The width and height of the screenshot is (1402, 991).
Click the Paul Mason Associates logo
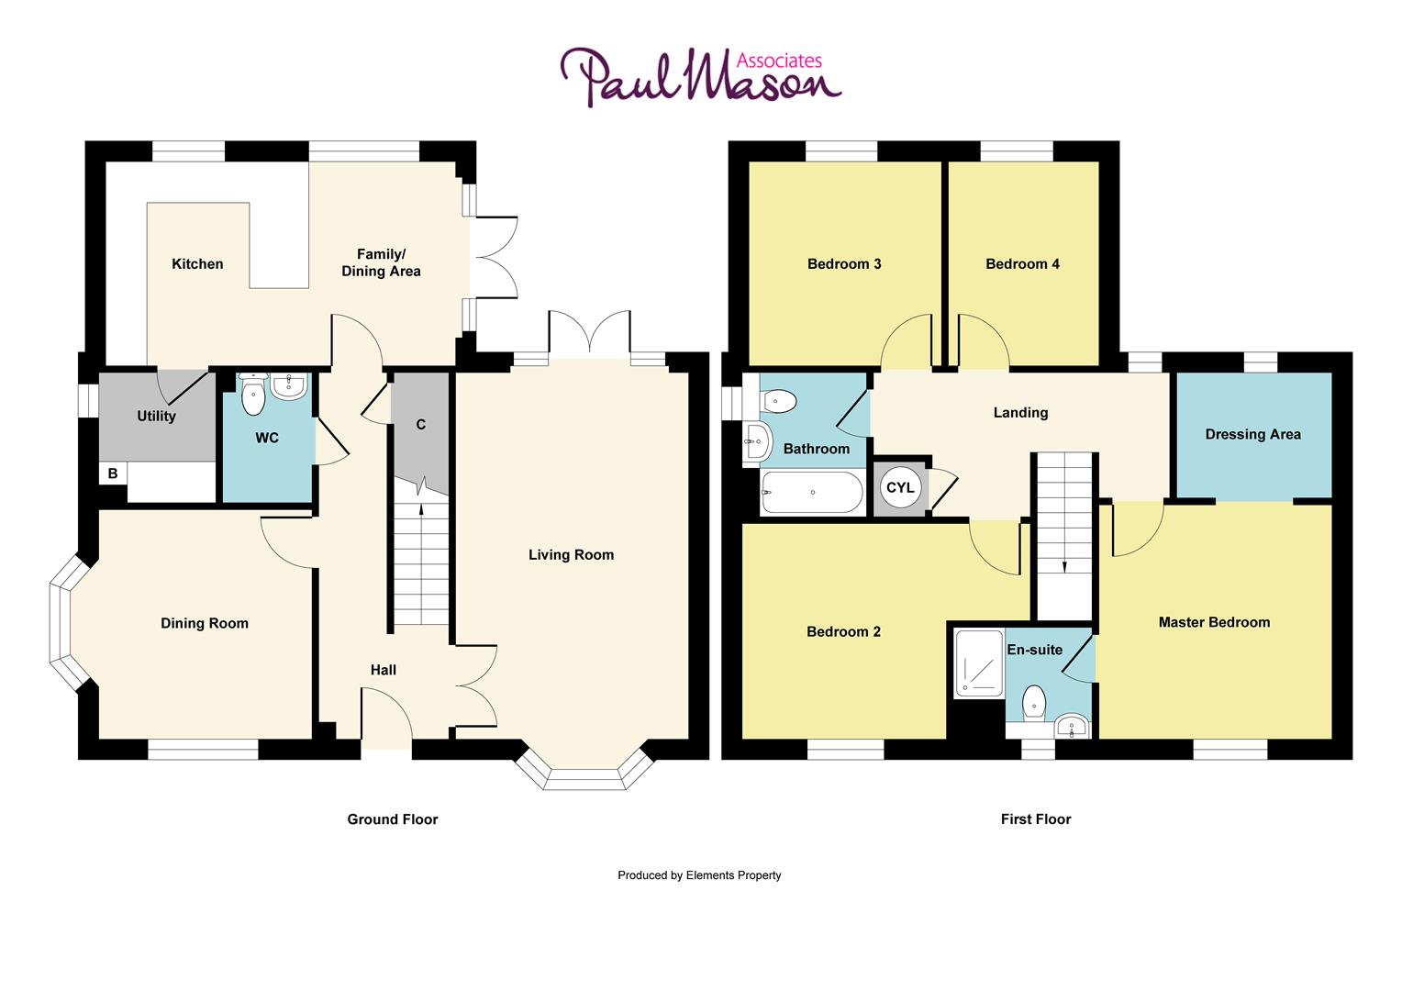pos(700,77)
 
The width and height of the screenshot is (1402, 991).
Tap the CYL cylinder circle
pos(900,487)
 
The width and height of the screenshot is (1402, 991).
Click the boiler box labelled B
pos(113,473)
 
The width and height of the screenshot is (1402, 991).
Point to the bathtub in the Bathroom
pos(812,493)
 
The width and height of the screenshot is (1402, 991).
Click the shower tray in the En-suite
pos(979,662)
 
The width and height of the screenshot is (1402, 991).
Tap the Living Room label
pos(571,554)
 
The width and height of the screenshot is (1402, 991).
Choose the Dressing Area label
pos(1252,434)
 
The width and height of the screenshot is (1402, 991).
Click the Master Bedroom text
pos(1214,622)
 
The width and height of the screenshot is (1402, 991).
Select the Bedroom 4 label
pos(1022,264)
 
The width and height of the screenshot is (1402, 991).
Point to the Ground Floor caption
pos(392,819)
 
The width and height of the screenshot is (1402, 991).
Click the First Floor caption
pos(1035,819)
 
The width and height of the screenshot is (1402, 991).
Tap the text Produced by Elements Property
pos(699,875)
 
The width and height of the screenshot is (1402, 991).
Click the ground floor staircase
pos(421,564)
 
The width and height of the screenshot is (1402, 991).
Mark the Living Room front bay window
pos(584,771)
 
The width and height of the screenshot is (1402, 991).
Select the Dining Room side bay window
pos(66,624)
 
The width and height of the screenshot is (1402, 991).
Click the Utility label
pos(156,417)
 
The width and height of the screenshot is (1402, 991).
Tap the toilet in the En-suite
pos(1034,702)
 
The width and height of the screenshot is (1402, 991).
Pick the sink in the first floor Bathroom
pos(757,442)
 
